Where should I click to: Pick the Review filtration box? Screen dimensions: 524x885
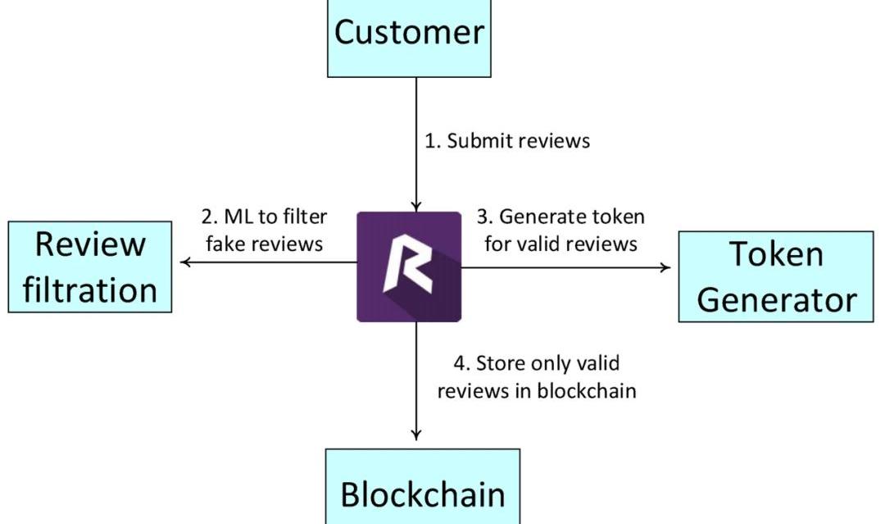click(90, 267)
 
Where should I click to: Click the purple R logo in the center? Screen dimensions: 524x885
click(409, 267)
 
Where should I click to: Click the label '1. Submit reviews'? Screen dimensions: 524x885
click(506, 140)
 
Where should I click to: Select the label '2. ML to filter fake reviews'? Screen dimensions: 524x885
click(264, 230)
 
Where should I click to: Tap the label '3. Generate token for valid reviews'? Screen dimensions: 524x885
click(561, 230)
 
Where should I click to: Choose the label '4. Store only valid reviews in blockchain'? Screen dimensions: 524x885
click(537, 376)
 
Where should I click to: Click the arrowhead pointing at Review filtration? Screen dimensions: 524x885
click(186, 262)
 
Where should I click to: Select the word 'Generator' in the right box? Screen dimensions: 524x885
click(776, 299)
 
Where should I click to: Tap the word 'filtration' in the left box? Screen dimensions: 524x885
click(90, 289)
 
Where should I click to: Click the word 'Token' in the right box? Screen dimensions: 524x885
click(776, 254)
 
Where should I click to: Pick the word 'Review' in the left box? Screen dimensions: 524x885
click(90, 244)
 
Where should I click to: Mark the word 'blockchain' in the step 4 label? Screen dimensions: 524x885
click(586, 390)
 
